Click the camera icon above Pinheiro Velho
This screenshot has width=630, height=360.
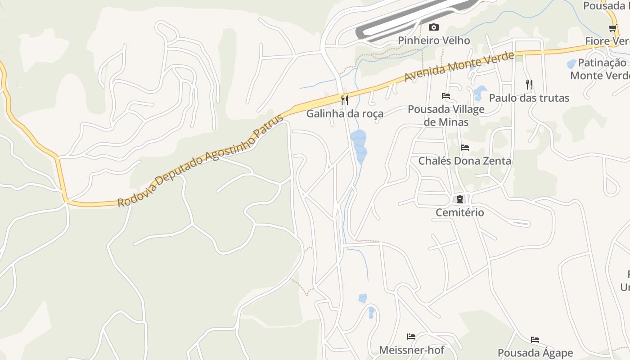tap(433, 27)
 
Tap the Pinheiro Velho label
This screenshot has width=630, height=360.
tap(433, 40)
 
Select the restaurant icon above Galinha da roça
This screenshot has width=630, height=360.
tap(345, 100)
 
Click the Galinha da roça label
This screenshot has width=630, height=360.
tap(345, 113)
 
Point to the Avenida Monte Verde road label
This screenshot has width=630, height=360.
tap(459, 67)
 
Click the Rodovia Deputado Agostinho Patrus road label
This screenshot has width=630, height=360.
tap(201, 161)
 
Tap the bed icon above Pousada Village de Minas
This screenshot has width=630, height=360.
tap(446, 96)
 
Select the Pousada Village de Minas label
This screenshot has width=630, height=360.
tap(446, 116)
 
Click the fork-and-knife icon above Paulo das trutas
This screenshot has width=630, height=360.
tap(529, 84)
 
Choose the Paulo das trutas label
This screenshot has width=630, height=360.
tap(529, 98)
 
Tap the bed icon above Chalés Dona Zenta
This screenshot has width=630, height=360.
tap(465, 148)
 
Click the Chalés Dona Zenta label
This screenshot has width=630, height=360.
tap(465, 161)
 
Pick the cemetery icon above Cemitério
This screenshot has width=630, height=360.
tap(460, 199)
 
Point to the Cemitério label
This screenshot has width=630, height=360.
tap(460, 212)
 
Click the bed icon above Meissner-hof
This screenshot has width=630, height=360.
tap(411, 337)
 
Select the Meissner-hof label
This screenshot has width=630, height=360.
tap(411, 350)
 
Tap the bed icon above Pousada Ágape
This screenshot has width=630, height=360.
tap(535, 340)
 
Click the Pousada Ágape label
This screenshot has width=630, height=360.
tap(535, 353)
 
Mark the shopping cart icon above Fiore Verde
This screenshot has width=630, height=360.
tap(612, 28)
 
